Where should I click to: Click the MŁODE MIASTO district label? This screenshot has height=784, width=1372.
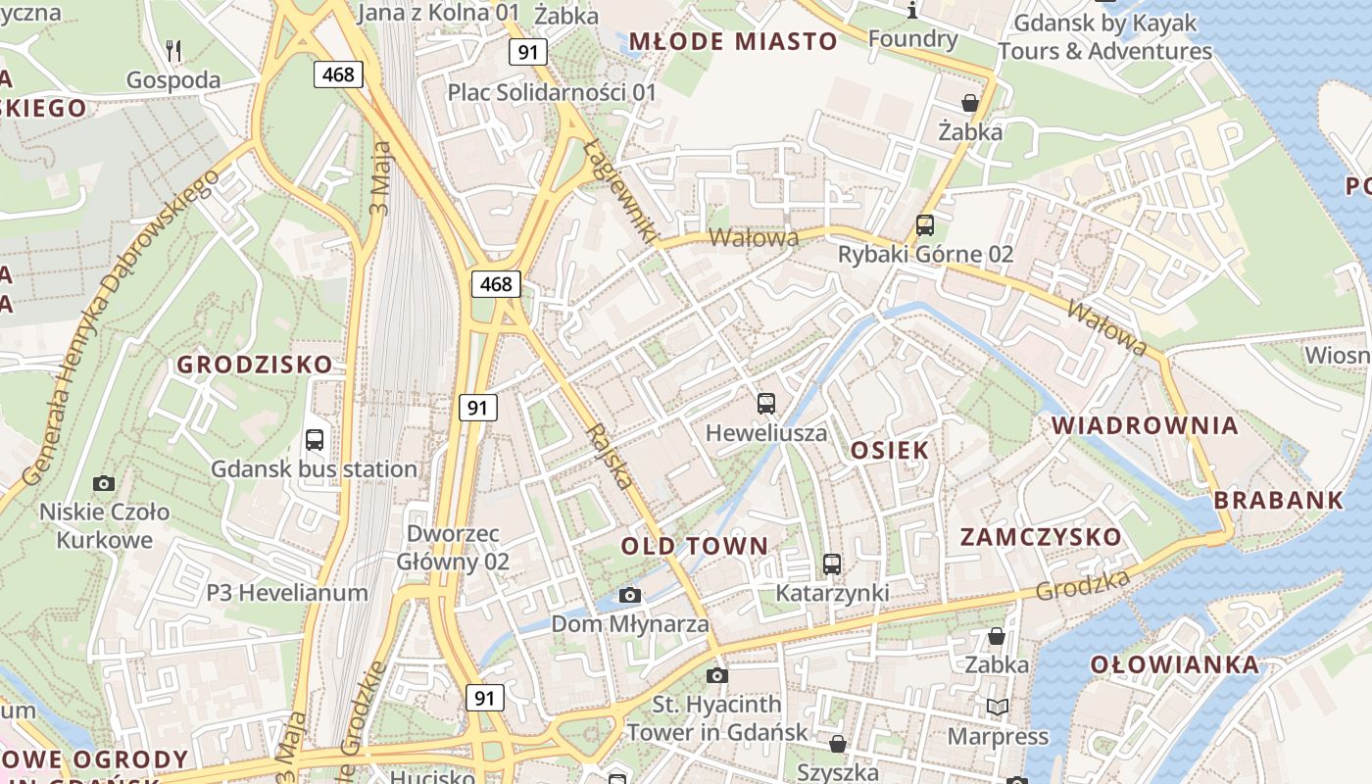[733, 41]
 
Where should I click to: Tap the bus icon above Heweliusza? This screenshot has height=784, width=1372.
[766, 403]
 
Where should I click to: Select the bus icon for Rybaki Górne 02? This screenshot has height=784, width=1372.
[925, 224]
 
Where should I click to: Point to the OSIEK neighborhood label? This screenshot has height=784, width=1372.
[890, 450]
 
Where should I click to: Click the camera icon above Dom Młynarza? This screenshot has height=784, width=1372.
[630, 595]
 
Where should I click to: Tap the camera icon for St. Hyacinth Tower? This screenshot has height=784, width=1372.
[717, 675]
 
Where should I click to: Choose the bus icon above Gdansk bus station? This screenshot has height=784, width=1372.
[315, 440]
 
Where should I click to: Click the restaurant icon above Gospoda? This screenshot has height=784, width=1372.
[173, 50]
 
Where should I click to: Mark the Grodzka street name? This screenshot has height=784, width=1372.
[1082, 584]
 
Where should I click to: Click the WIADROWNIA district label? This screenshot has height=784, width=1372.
[1145, 425]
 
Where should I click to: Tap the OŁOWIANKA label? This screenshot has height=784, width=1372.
[1175, 664]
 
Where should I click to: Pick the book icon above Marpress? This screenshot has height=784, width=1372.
[998, 707]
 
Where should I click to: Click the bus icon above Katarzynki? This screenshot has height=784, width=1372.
[832, 563]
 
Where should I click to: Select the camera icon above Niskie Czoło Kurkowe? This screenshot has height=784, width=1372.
[104, 483]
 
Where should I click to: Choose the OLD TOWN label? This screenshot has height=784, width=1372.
[695, 546]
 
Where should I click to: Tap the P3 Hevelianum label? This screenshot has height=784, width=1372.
[287, 592]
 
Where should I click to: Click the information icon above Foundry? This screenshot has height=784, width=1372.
[912, 10]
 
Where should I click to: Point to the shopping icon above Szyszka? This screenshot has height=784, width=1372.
[838, 744]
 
